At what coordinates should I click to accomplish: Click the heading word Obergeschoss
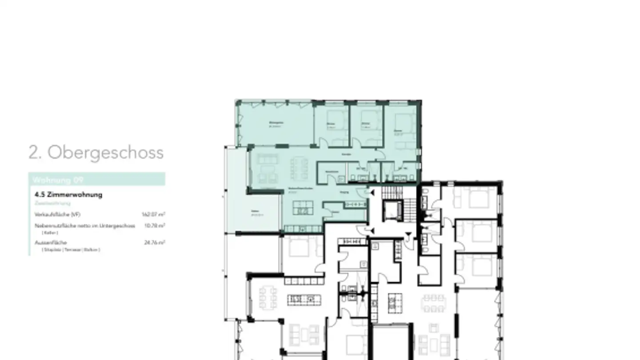coord(105,152)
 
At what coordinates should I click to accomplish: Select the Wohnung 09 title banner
coord(96,180)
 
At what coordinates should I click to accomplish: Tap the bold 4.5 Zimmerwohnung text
coord(68,195)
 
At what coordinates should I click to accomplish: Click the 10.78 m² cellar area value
coord(155,226)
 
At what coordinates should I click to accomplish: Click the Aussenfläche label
coord(51,243)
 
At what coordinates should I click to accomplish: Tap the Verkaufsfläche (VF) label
coord(57,215)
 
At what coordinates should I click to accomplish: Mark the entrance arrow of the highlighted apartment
coord(372,192)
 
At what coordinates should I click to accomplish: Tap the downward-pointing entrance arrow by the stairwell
coord(409,235)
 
